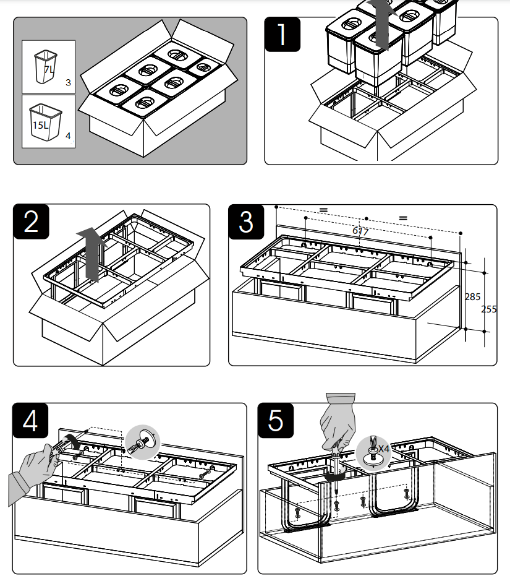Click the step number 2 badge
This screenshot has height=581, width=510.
pyautogui.click(x=32, y=222)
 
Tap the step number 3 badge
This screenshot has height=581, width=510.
pyautogui.click(x=246, y=222)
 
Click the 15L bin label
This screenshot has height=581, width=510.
pyautogui.click(x=40, y=124)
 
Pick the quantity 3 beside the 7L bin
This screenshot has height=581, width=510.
pyautogui.click(x=68, y=82)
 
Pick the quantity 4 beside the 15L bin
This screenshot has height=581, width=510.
pyautogui.click(x=68, y=136)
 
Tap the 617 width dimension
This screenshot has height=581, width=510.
pyautogui.click(x=360, y=231)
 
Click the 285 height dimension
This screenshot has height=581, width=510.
pyautogui.click(x=472, y=297)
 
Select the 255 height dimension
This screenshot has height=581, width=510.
pyautogui.click(x=489, y=309)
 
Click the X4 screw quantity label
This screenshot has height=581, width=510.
pyautogui.click(x=384, y=448)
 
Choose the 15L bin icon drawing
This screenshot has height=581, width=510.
pyautogui.click(x=46, y=122)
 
